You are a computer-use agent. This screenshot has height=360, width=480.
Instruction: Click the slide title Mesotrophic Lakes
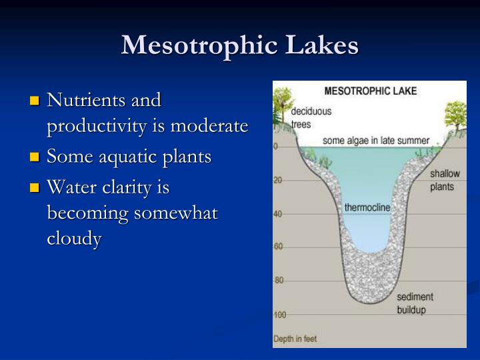[240, 45]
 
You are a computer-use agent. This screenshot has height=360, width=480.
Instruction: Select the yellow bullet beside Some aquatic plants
[35, 158]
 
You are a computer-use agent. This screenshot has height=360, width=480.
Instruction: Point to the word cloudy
[73, 239]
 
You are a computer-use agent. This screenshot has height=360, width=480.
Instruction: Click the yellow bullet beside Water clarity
[35, 189]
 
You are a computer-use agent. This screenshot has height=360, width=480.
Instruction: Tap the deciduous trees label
[311, 117]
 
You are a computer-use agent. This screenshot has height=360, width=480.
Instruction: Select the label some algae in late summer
[376, 141]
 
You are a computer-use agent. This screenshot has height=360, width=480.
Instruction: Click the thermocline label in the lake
[367, 207]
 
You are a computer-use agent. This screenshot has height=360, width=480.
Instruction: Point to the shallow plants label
[445, 180]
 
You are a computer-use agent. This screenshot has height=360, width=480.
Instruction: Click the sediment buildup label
[415, 303]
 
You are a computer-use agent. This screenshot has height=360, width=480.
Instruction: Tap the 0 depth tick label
[276, 146]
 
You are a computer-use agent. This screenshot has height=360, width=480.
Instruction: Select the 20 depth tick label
[278, 180]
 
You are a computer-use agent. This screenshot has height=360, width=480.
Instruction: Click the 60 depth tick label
[278, 246]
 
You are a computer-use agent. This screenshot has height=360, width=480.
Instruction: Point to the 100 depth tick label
[280, 314]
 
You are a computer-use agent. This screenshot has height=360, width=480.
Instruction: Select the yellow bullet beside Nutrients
[35, 102]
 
